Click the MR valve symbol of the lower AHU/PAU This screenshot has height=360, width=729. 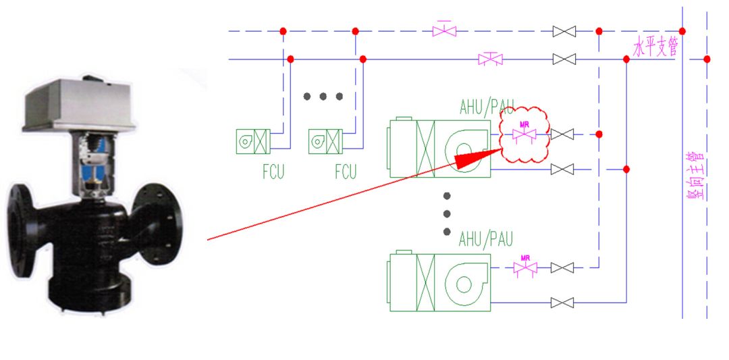[524, 267]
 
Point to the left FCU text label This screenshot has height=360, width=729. [273, 172]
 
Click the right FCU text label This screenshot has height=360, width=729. [346, 172]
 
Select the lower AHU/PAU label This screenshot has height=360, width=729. [486, 239]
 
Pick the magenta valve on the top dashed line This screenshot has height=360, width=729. [444, 31]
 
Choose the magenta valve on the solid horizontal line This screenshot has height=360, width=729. [490, 59]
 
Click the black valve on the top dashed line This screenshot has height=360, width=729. [564, 31]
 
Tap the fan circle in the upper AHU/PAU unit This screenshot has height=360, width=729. [464, 149]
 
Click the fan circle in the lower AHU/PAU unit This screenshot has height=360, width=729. [464, 283]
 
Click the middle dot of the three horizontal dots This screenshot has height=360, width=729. [323, 96]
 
